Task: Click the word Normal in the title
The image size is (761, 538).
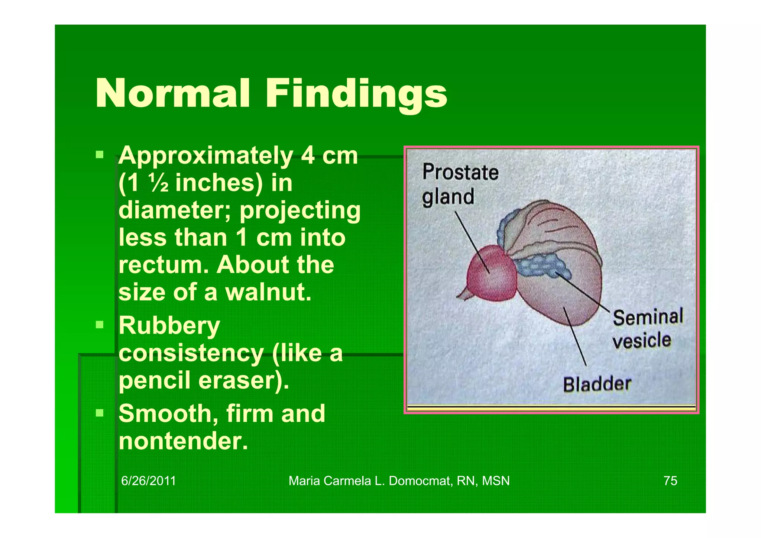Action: coord(172,94)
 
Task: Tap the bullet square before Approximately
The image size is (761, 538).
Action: coord(99,154)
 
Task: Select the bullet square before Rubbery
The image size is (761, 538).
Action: coord(99,325)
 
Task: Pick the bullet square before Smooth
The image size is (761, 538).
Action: coord(99,413)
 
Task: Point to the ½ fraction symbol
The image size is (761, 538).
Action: coord(159,183)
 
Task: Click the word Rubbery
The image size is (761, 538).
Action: coord(169,326)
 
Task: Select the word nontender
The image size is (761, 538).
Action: coord(183,441)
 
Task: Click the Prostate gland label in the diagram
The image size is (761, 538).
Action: coord(460,184)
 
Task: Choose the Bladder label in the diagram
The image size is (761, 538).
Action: coord(597,384)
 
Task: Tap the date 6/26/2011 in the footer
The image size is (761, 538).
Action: coord(148,481)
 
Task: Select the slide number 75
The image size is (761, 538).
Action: coord(670,481)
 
